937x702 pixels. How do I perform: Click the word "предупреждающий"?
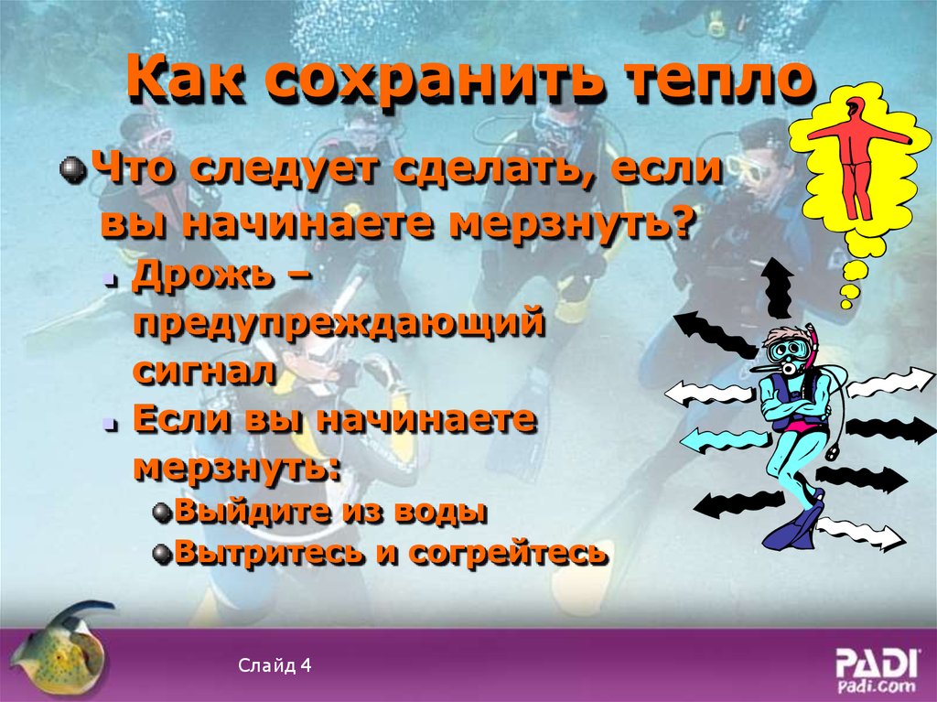pos(339,324)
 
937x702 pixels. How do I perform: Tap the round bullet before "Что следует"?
pos(71,169)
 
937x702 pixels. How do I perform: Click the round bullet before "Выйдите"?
pos(161,512)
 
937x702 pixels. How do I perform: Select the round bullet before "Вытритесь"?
pos(161,554)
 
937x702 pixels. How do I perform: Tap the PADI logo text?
pos(877,662)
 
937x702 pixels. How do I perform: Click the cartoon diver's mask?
pos(785,349)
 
